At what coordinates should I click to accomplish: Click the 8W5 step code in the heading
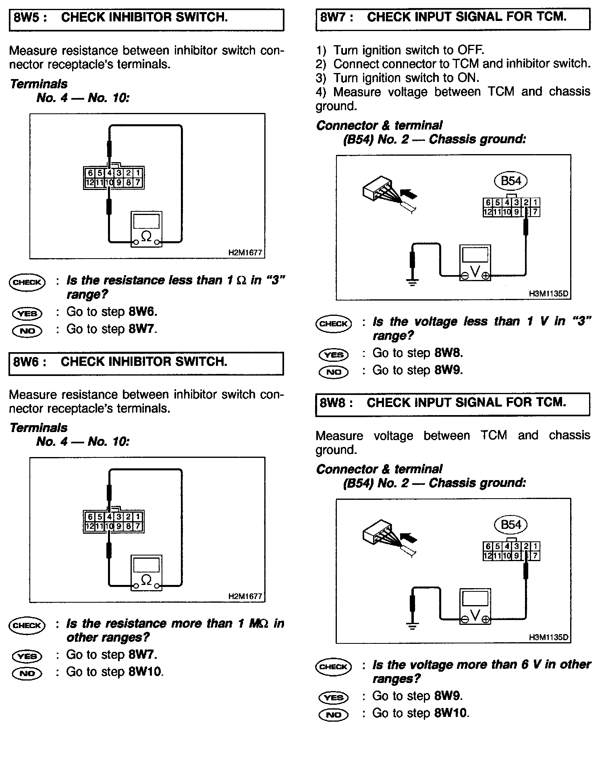(x=27, y=18)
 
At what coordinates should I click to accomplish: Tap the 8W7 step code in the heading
(x=333, y=17)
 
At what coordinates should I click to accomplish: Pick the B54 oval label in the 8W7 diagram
(x=511, y=181)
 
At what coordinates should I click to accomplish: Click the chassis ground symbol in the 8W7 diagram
(x=412, y=281)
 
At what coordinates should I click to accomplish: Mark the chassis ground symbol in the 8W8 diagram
(x=412, y=626)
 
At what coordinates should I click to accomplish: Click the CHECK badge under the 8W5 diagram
(x=27, y=282)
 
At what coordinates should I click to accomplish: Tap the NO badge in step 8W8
(x=333, y=715)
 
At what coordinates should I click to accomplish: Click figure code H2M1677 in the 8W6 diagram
(x=245, y=596)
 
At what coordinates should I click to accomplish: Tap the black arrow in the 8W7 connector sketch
(x=409, y=196)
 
